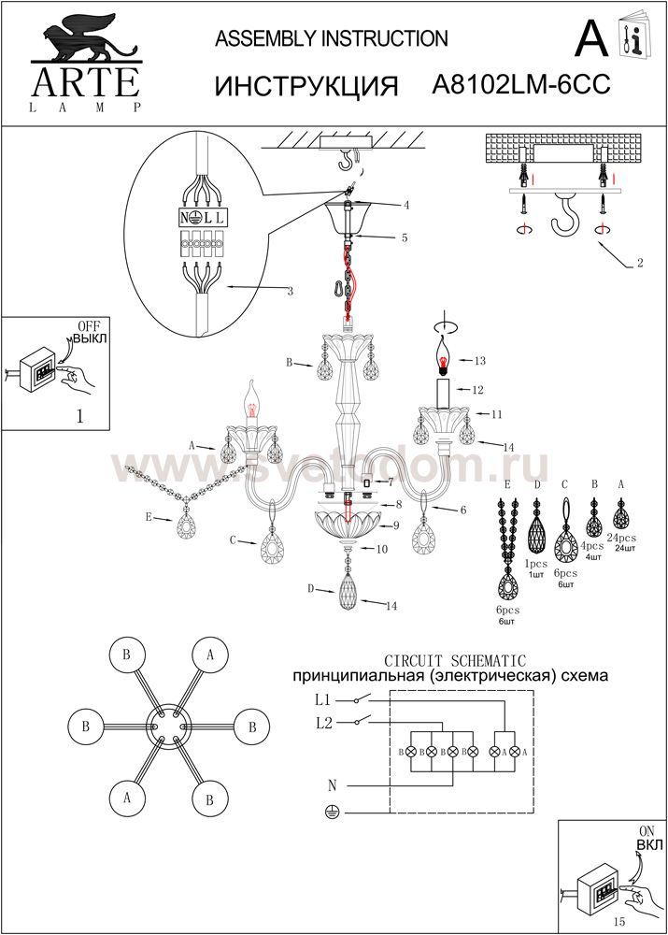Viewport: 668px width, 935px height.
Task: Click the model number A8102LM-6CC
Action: (x=522, y=86)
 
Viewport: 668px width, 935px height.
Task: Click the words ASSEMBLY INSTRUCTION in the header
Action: (x=332, y=38)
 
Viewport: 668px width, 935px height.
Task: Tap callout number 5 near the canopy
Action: (x=405, y=238)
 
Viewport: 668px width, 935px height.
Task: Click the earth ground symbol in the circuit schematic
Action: (x=329, y=813)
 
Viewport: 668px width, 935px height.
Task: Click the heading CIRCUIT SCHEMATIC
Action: (x=455, y=661)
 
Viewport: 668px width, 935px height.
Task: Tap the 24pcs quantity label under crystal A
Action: (x=621, y=538)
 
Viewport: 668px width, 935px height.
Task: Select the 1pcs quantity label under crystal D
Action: (x=536, y=565)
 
